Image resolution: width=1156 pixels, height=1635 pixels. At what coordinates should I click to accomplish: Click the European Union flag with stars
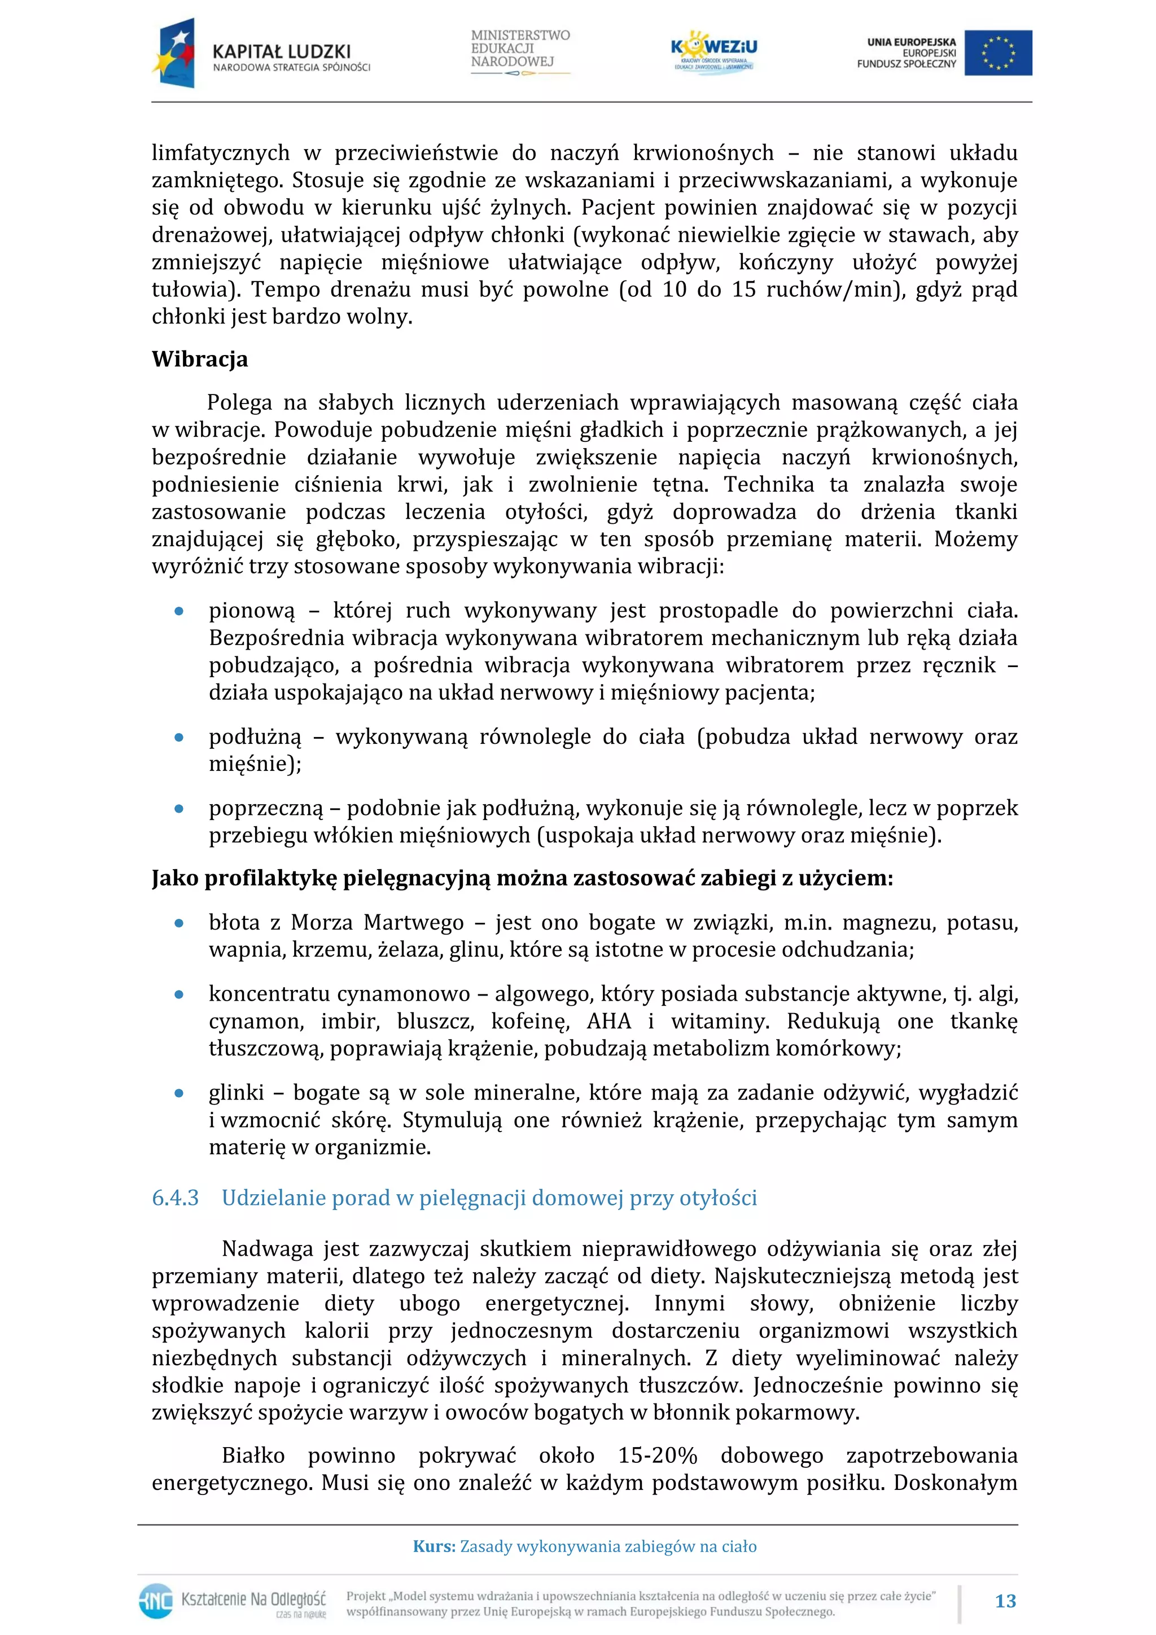(x=997, y=52)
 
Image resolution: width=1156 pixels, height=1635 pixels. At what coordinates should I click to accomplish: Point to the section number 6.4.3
(x=175, y=1198)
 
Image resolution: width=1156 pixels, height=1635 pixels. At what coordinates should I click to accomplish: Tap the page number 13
(x=1005, y=1601)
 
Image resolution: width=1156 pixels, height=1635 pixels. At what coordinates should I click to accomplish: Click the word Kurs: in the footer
(x=433, y=1546)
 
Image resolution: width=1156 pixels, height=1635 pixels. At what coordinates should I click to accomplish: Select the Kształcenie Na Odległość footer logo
(x=232, y=1601)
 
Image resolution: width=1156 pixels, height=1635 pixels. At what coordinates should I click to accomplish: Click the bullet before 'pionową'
(x=179, y=611)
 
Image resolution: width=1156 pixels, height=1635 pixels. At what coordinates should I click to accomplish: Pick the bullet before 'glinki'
(x=179, y=1093)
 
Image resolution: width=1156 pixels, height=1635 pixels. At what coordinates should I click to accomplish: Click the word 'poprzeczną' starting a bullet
(x=266, y=808)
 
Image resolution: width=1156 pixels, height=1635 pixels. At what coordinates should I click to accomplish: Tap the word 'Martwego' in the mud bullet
(x=413, y=923)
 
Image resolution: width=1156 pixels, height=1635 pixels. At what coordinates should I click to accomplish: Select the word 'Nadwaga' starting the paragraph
(x=266, y=1248)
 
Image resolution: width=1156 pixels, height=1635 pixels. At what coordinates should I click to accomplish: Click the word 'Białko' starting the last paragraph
(x=253, y=1455)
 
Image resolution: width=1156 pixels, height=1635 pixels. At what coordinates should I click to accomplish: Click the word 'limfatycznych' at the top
(x=221, y=153)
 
